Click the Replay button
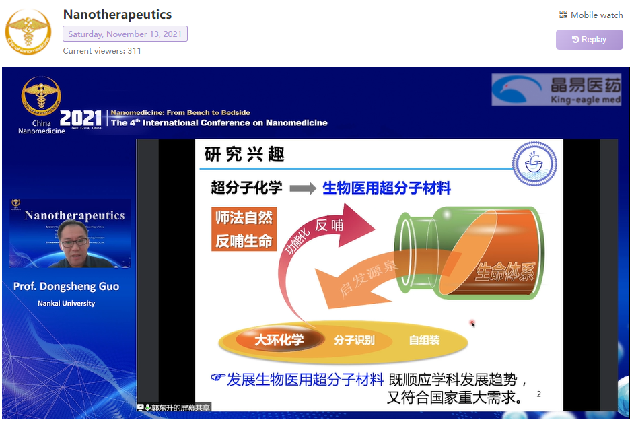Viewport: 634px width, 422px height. pyautogui.click(x=589, y=40)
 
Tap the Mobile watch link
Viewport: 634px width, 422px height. pyautogui.click(x=591, y=15)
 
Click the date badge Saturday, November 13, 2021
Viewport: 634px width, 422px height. pyautogui.click(x=125, y=34)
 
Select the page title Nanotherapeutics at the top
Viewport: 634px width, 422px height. pyautogui.click(x=117, y=14)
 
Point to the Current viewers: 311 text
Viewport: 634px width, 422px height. pyautogui.click(x=102, y=51)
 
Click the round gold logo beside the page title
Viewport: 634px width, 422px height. pyautogui.click(x=28, y=32)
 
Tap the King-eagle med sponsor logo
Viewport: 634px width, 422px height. pyautogui.click(x=556, y=90)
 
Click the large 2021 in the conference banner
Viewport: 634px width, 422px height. pyautogui.click(x=81, y=119)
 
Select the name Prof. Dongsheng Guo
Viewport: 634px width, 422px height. pyautogui.click(x=66, y=287)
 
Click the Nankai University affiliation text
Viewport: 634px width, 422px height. pyautogui.click(x=66, y=304)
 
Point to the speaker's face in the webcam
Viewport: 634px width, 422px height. pyautogui.click(x=73, y=240)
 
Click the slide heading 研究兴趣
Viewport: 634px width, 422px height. pyautogui.click(x=244, y=155)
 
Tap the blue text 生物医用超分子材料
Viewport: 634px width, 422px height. pyautogui.click(x=386, y=188)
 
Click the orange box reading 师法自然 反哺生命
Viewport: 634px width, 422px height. pyautogui.click(x=244, y=230)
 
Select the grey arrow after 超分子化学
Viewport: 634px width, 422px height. pyautogui.click(x=303, y=189)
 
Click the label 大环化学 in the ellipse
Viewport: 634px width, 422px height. pyautogui.click(x=279, y=340)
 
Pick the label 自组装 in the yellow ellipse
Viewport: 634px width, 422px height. pyautogui.click(x=424, y=340)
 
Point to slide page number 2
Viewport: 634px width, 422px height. pyautogui.click(x=538, y=394)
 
